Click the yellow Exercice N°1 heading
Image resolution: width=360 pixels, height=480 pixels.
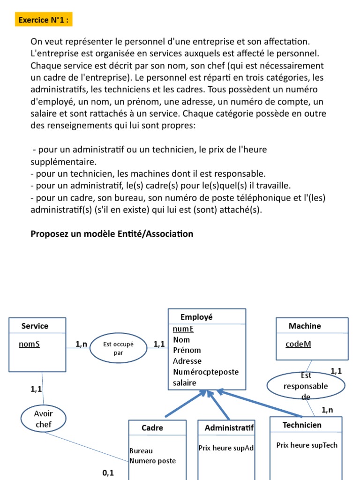(x=45, y=20)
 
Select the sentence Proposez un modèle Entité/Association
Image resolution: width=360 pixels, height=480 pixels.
(x=112, y=233)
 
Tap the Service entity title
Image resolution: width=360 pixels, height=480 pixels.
(x=35, y=326)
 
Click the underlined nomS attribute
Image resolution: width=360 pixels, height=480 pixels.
(x=29, y=345)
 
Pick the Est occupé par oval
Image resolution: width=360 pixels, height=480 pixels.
(x=118, y=348)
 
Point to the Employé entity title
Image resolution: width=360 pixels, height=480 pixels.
(x=196, y=317)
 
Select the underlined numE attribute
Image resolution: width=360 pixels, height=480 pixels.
(x=183, y=329)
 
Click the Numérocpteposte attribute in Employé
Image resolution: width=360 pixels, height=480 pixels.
(x=205, y=372)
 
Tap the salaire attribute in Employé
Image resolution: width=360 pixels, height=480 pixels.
(x=185, y=382)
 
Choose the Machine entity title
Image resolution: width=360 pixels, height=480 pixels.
(x=305, y=326)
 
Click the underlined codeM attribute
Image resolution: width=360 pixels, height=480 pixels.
(x=298, y=345)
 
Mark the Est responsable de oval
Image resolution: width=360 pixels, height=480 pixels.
(x=306, y=386)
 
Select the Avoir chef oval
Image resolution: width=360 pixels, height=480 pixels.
(x=44, y=419)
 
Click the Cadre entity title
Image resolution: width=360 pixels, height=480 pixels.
(x=152, y=427)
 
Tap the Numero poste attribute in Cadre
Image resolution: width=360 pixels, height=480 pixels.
(x=153, y=461)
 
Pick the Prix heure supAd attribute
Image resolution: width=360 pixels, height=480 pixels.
(x=226, y=448)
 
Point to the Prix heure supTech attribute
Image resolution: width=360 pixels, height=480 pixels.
(x=307, y=445)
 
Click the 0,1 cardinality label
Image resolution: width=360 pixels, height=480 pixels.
(x=108, y=473)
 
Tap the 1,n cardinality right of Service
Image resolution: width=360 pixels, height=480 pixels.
(x=81, y=344)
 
